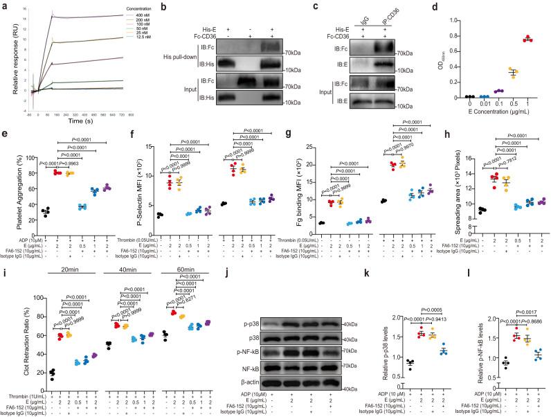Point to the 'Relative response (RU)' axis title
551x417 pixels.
point(6,60)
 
